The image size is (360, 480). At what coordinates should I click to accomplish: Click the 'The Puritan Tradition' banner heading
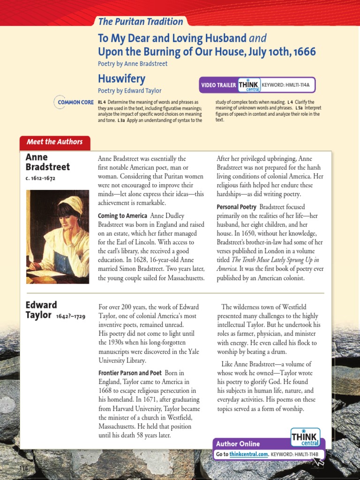tap(141, 22)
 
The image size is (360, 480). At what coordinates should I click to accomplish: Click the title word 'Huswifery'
tap(121, 78)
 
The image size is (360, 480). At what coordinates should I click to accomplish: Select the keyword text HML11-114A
tap(295, 85)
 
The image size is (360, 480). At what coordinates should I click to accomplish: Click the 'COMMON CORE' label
tap(75, 102)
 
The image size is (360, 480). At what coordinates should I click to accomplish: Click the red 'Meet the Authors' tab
tap(54, 142)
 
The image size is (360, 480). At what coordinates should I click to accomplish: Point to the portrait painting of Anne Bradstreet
tap(57, 236)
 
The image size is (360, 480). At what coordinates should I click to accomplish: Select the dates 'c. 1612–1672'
tap(40, 179)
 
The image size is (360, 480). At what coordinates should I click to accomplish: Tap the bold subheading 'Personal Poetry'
tap(236, 207)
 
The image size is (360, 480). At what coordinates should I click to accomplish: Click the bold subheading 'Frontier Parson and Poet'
tap(129, 373)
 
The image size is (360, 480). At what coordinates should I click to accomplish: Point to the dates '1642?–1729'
tap(70, 316)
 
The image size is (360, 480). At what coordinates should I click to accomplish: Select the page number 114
tap(24, 469)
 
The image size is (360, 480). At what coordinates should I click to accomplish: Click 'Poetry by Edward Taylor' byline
tap(129, 91)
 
